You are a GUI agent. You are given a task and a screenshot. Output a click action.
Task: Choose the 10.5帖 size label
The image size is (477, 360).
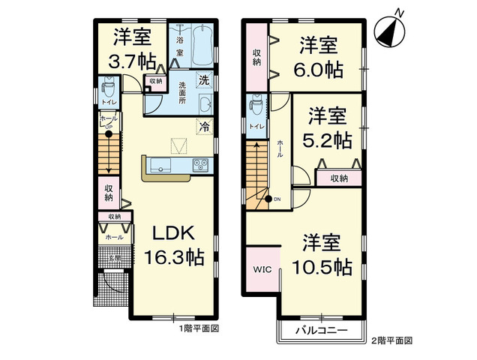pos(327,265)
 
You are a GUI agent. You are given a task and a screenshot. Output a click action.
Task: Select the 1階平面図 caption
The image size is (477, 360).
pos(199,328)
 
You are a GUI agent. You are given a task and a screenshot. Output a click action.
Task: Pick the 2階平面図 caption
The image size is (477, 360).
pos(392,340)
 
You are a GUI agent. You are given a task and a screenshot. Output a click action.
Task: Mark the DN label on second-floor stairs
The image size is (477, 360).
pos(277,199)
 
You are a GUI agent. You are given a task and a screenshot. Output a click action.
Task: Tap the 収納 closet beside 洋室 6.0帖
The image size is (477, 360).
pos(256,57)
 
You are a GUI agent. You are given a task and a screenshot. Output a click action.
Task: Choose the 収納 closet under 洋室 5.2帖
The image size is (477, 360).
pos(338,178)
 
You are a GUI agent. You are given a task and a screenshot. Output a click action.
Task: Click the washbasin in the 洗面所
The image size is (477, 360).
pos(205,104)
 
